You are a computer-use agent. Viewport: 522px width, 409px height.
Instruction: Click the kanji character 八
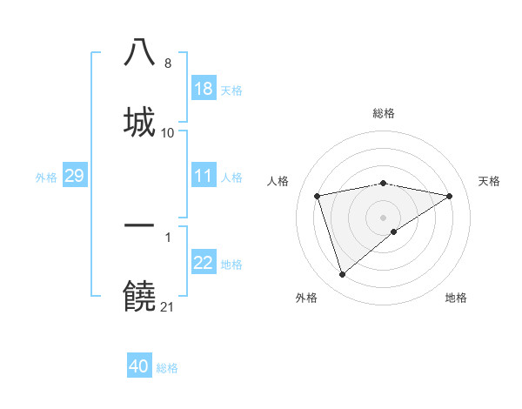coord(140,52)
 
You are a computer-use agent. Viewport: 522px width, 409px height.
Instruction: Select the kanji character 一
coord(140,225)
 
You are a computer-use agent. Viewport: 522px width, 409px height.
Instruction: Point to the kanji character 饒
coord(140,296)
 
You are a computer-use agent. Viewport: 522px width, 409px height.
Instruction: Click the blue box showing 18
coord(204,89)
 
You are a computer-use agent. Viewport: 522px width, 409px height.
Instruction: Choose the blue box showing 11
coord(204,177)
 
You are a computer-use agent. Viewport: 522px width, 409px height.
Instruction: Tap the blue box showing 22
coord(204,264)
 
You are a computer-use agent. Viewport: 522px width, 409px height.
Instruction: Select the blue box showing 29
coord(74,177)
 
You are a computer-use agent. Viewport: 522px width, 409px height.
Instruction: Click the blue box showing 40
coord(139,367)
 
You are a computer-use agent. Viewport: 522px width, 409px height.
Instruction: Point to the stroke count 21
coord(167,306)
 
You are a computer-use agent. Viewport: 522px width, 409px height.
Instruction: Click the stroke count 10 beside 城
coord(167,133)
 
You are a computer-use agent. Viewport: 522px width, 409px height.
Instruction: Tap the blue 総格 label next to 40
coord(167,368)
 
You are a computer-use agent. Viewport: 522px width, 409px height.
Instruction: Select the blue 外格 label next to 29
coord(46,178)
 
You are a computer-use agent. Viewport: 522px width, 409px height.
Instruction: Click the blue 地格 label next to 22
coord(231,265)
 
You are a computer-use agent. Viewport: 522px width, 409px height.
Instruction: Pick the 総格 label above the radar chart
coord(384,113)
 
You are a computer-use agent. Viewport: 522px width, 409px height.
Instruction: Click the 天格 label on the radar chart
coord(490,181)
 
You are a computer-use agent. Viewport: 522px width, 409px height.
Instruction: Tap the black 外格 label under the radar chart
coord(306,298)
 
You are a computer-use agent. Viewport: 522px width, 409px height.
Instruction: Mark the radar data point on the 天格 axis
coord(450,196)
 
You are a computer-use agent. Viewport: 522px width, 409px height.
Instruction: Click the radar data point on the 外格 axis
coord(342,275)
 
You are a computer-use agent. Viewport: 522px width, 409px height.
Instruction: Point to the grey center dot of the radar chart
coord(384,217)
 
